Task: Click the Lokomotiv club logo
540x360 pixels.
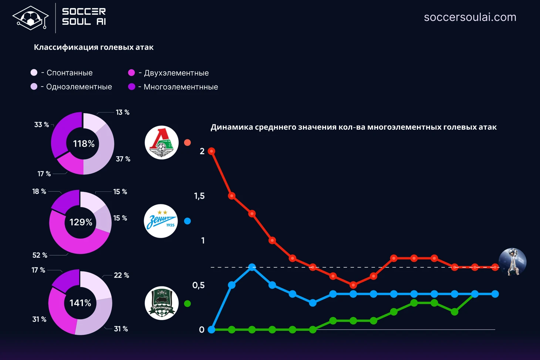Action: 162,143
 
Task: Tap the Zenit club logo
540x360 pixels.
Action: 161,221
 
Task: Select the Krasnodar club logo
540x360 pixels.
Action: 162,303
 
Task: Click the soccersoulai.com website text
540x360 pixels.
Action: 470,17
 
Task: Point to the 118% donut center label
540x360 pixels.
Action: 84,144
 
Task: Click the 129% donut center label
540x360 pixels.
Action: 81,222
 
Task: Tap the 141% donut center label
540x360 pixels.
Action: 80,303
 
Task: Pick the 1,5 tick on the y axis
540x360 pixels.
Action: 199,196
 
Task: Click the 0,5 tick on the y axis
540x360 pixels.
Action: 198,285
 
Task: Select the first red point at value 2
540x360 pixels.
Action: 212,151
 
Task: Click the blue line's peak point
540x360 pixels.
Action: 252,267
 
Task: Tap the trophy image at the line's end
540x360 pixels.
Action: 512,262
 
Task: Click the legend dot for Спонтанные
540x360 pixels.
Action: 34,72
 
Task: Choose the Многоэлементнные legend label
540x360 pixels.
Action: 180,87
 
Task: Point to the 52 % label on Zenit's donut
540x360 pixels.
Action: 40,255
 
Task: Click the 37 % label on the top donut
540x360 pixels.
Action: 123,159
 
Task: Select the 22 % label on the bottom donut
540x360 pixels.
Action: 121,275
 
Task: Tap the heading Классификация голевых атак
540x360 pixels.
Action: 94,47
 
